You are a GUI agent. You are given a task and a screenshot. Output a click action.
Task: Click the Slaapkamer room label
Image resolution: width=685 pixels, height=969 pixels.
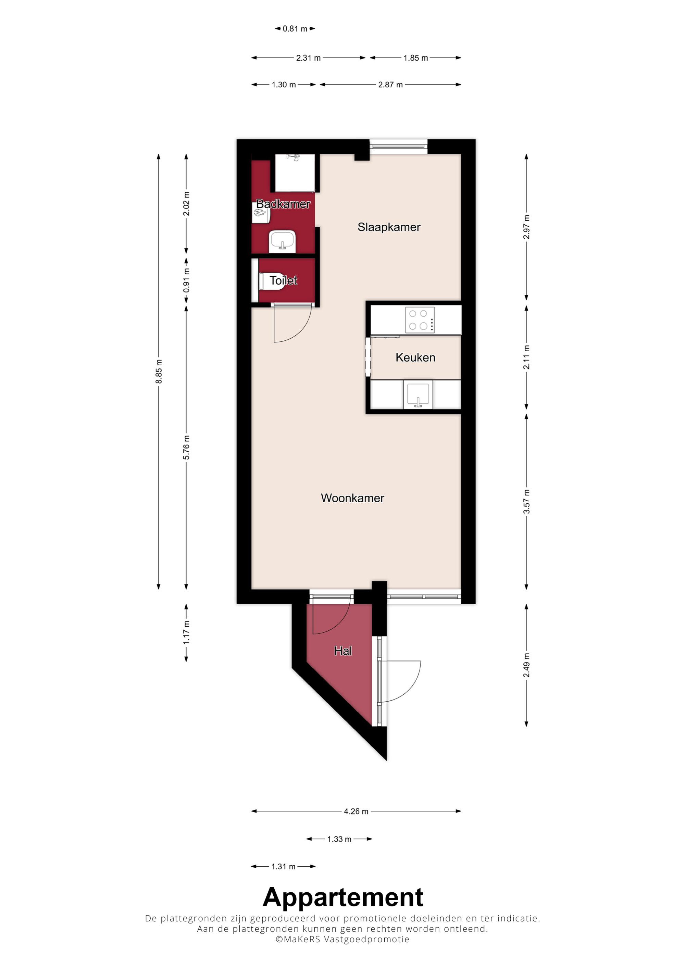(389, 227)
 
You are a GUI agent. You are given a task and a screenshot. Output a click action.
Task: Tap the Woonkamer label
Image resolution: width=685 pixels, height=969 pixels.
(352, 498)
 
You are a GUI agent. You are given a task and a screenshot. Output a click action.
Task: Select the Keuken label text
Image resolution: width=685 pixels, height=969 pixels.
(415, 357)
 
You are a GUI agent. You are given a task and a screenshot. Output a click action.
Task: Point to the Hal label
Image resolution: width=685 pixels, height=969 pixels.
(343, 651)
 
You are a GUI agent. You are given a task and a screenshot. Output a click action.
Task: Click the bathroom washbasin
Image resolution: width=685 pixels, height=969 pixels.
(282, 241)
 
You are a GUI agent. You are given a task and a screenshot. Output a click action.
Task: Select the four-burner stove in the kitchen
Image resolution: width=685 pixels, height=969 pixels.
(420, 320)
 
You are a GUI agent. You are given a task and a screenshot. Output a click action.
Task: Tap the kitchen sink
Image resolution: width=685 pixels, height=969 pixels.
(418, 394)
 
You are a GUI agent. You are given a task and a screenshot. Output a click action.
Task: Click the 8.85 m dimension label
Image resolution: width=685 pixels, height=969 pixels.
(159, 372)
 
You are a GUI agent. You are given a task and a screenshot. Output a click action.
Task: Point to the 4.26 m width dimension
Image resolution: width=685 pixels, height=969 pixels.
(356, 811)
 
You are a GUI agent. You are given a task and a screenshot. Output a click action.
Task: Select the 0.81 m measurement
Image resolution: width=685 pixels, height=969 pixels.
(295, 29)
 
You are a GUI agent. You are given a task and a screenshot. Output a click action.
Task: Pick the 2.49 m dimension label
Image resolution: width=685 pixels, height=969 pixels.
(526, 665)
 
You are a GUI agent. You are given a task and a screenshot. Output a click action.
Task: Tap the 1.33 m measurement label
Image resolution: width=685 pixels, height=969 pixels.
(339, 839)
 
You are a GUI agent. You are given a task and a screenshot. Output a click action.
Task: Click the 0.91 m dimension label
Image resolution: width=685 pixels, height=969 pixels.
(186, 280)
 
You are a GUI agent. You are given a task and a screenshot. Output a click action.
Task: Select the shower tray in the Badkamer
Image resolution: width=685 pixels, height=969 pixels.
(295, 173)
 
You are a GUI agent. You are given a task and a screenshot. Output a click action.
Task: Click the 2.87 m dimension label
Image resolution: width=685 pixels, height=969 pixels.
(390, 85)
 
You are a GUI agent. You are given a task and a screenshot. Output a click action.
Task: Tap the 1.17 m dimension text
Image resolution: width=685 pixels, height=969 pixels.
(186, 632)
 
